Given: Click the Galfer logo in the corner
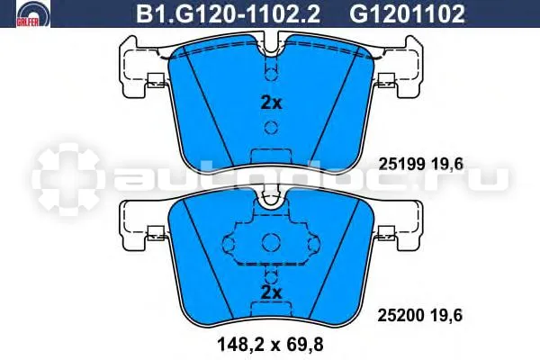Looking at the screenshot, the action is [33, 13].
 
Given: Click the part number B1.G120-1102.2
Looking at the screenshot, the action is [229, 14].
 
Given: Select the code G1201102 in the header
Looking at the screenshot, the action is [407, 14].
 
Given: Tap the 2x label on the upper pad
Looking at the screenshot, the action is [272, 103].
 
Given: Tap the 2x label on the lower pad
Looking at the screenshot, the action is [272, 292].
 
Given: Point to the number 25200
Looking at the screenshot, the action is [401, 315].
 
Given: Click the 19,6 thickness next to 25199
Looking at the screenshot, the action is [447, 165].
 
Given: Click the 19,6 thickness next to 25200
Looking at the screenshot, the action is [446, 315].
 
